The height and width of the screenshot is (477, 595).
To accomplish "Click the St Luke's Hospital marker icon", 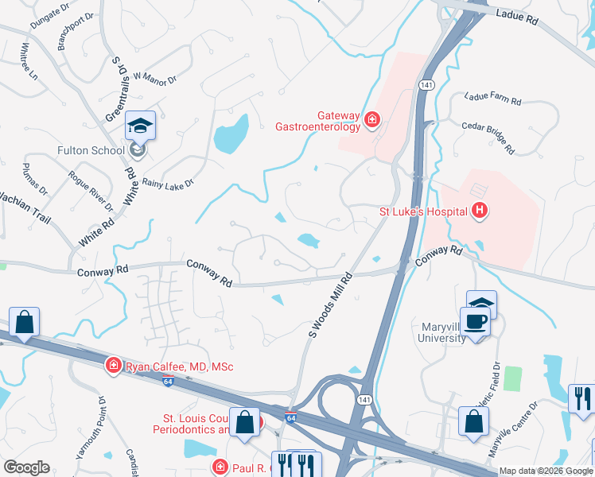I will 480,211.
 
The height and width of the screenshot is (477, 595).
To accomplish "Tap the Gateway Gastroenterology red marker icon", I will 371,120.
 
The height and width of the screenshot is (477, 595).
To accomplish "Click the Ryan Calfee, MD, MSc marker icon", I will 113,366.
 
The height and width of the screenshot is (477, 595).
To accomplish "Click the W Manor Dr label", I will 155,77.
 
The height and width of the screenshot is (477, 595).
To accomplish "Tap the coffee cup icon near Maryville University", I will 476,321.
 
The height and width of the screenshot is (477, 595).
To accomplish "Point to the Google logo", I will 26,467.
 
